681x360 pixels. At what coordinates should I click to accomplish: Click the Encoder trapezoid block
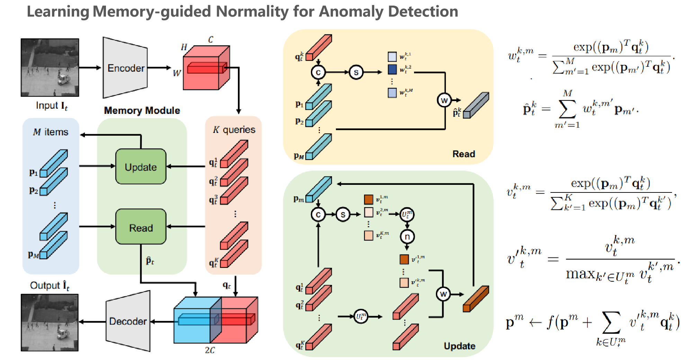click(125, 68)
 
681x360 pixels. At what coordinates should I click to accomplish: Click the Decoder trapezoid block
click(128, 321)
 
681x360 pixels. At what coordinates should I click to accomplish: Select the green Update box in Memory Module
click(141, 167)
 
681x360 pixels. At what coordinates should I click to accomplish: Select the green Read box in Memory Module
click(141, 227)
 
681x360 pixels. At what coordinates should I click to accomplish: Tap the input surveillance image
click(50, 67)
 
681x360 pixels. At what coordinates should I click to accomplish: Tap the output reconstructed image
click(50, 322)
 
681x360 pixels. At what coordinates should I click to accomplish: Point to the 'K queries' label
click(234, 129)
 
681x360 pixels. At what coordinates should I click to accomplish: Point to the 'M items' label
click(51, 132)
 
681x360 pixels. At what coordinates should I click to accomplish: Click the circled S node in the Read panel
click(356, 72)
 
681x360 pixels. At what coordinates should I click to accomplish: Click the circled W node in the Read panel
click(444, 100)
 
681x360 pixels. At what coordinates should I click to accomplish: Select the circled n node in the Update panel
click(407, 237)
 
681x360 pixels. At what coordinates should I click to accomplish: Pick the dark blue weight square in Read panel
click(392, 69)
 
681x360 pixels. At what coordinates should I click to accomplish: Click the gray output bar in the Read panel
click(476, 105)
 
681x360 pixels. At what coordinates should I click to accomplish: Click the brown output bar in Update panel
click(476, 298)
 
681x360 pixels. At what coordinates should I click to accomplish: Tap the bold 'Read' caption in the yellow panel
click(464, 154)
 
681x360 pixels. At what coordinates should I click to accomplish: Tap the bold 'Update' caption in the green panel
click(459, 346)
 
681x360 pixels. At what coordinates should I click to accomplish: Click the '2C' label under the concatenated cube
click(209, 350)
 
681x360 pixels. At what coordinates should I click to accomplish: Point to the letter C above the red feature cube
click(210, 39)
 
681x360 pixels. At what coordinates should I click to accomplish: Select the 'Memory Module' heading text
click(142, 110)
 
